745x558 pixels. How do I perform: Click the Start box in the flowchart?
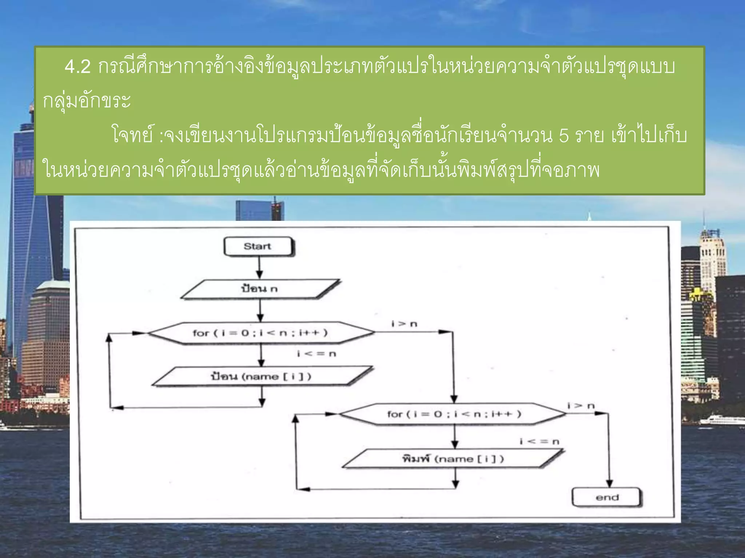[x=258, y=247]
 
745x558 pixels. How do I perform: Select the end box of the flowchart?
[x=606, y=497]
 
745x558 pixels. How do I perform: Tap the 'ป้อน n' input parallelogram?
[x=259, y=289]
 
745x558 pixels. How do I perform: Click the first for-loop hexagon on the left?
[x=260, y=333]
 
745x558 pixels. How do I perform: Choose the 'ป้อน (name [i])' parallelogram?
[x=261, y=376]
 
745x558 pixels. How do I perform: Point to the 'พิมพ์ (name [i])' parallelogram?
[x=453, y=459]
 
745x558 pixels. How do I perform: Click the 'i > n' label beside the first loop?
[x=404, y=324]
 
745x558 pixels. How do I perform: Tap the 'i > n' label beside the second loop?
[x=581, y=406]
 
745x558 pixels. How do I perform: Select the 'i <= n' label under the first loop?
[x=316, y=353]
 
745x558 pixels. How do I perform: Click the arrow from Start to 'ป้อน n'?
[x=259, y=268]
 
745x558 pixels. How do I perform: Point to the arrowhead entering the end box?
[x=609, y=483]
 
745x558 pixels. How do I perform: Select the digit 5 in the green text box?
[x=563, y=136]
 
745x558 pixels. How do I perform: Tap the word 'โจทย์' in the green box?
[x=132, y=136]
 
